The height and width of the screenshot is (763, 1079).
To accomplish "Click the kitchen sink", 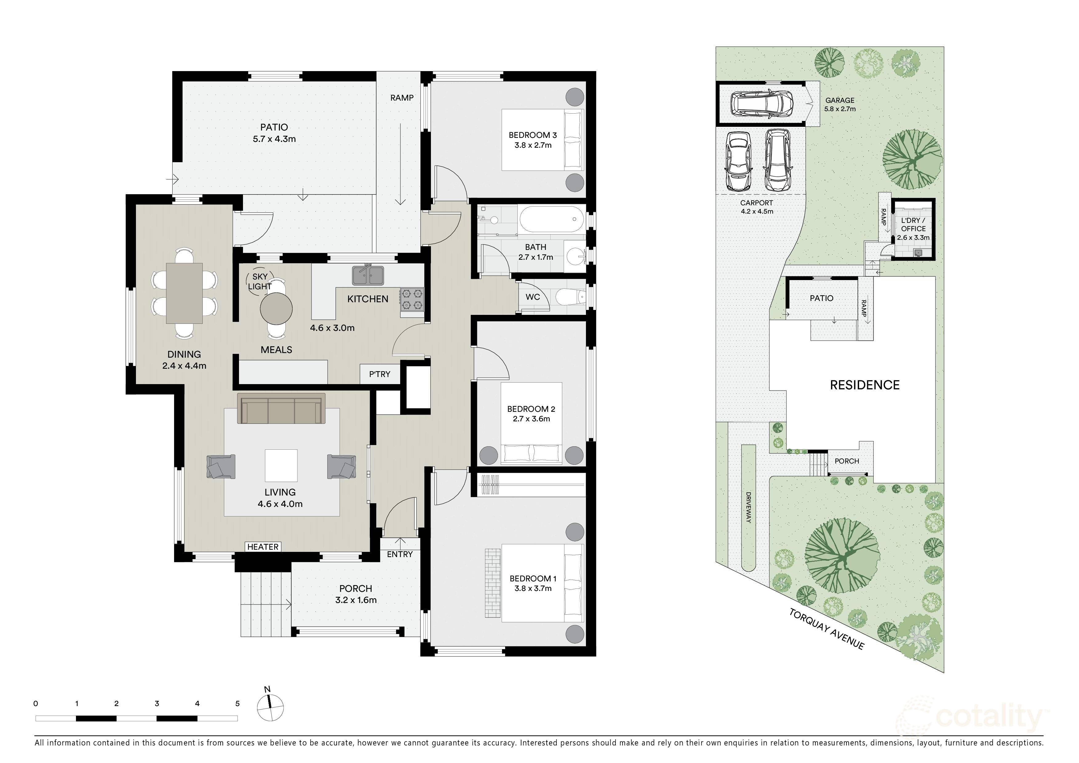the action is click(x=368, y=275).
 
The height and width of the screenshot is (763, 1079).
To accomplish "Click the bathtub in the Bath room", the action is click(x=552, y=219).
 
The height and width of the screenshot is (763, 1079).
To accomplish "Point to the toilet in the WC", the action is click(x=570, y=297).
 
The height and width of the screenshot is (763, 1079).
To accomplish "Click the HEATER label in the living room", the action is click(x=263, y=547).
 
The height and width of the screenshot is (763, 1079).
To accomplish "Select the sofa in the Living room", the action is click(x=281, y=408).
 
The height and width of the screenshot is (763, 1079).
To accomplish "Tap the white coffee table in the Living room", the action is click(x=281, y=465).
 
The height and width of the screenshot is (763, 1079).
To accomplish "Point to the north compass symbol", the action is click(x=270, y=706).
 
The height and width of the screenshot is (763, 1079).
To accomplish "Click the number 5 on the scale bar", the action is click(x=237, y=704).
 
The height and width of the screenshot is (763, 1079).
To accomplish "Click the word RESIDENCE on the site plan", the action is click(x=865, y=385).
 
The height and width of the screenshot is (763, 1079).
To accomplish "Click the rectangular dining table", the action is click(x=184, y=293).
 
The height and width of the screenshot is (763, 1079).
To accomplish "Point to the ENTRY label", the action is click(x=400, y=554).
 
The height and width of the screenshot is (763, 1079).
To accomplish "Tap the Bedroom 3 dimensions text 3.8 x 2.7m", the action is click(x=533, y=145).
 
